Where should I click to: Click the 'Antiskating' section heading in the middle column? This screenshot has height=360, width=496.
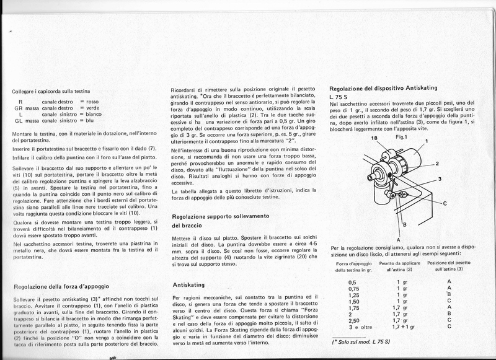188,285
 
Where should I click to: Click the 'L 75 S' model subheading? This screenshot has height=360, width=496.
340,98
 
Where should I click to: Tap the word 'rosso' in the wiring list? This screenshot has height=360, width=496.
93,101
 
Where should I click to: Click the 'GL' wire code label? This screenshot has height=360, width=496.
19,121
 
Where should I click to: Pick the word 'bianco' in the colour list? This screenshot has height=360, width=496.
94,114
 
